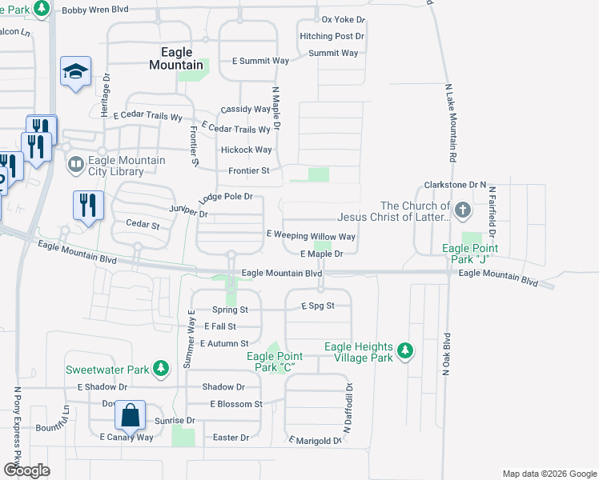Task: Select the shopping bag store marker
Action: pos(130,416)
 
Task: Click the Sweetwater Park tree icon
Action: pos(162,369)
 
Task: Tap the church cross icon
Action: pos(462,210)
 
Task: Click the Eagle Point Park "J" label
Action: pos(470,254)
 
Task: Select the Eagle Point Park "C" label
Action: pos(273,362)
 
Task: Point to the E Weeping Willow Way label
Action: pos(311,237)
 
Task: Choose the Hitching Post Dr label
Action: pos(332,37)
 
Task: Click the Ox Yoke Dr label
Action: pos(343,18)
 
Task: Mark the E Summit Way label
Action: pos(260,61)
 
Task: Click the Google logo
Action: pos(26,470)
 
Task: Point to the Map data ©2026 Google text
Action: pos(549,474)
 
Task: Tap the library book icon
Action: pos(76,165)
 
